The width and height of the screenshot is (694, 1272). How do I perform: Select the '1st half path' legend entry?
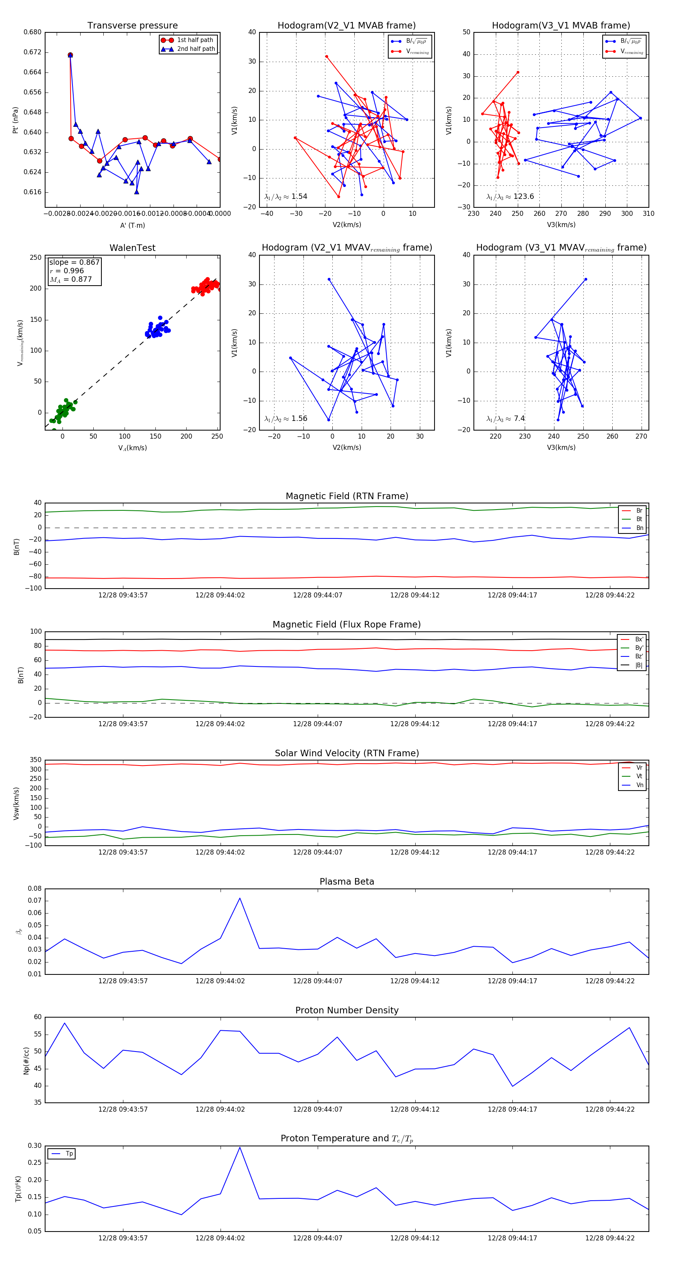click(195, 40)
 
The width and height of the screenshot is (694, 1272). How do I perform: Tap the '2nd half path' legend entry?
click(195, 49)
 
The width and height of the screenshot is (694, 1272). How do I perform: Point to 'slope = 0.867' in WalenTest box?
click(74, 262)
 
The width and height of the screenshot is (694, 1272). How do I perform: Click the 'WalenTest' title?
click(132, 248)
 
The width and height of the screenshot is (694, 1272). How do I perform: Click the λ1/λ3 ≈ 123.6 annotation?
click(510, 197)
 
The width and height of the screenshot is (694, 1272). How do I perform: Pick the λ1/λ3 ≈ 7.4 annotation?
click(505, 419)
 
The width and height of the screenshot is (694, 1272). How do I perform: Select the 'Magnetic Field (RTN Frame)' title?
click(347, 496)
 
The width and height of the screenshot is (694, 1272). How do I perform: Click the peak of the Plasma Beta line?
click(240, 898)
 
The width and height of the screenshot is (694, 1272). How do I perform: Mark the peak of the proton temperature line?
click(240, 1147)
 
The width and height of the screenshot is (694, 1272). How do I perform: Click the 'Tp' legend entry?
click(69, 1154)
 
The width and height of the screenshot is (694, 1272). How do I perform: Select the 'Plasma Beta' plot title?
click(347, 882)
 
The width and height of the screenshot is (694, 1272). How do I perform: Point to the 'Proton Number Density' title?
click(347, 1010)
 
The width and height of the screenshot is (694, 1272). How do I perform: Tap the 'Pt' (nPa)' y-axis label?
click(15, 120)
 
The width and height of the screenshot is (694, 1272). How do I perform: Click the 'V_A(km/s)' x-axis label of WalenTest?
click(132, 448)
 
